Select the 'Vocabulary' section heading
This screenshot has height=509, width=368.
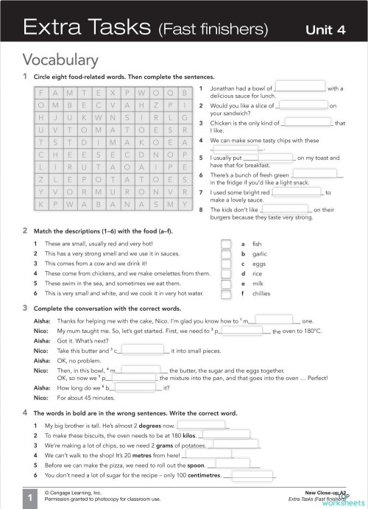coord(60,59)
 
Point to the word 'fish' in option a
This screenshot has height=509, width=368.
coord(257,243)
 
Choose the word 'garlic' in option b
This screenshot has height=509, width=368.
coord(259,253)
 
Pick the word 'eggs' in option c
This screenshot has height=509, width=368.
coord(258,264)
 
